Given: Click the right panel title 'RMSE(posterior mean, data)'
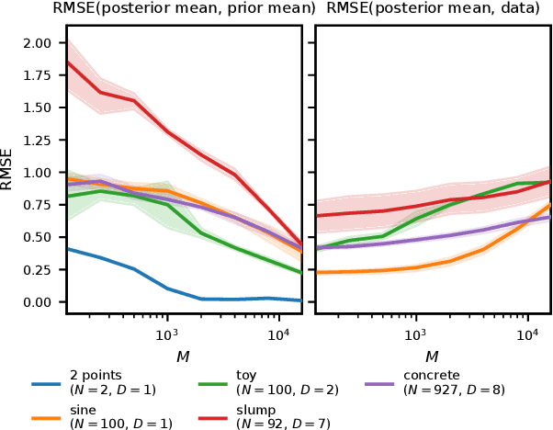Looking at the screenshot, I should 433,9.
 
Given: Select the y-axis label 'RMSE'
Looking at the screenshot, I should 8,169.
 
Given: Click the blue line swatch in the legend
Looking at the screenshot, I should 45,384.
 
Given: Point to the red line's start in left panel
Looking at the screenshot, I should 68,62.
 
